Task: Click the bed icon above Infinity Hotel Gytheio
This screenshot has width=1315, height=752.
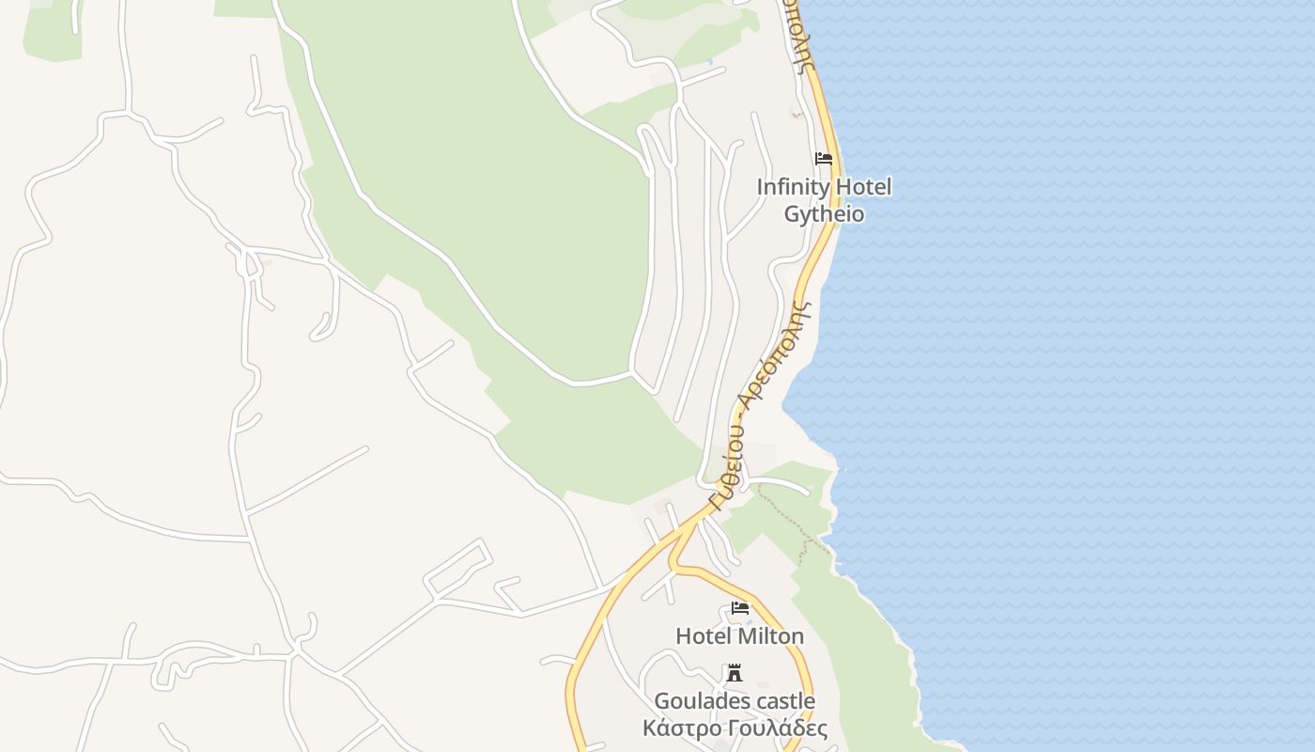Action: pos(824,159)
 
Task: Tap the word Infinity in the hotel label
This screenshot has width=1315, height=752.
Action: pos(792,187)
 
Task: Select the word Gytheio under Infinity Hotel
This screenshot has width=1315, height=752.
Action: pos(824,214)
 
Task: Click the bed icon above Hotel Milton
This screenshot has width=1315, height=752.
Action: pos(740,608)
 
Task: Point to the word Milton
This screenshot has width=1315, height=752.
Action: pos(770,636)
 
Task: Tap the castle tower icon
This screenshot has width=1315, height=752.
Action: pos(735,673)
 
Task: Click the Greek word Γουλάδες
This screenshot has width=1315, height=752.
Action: pos(777,728)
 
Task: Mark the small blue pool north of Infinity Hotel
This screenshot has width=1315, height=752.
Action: pos(711,62)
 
